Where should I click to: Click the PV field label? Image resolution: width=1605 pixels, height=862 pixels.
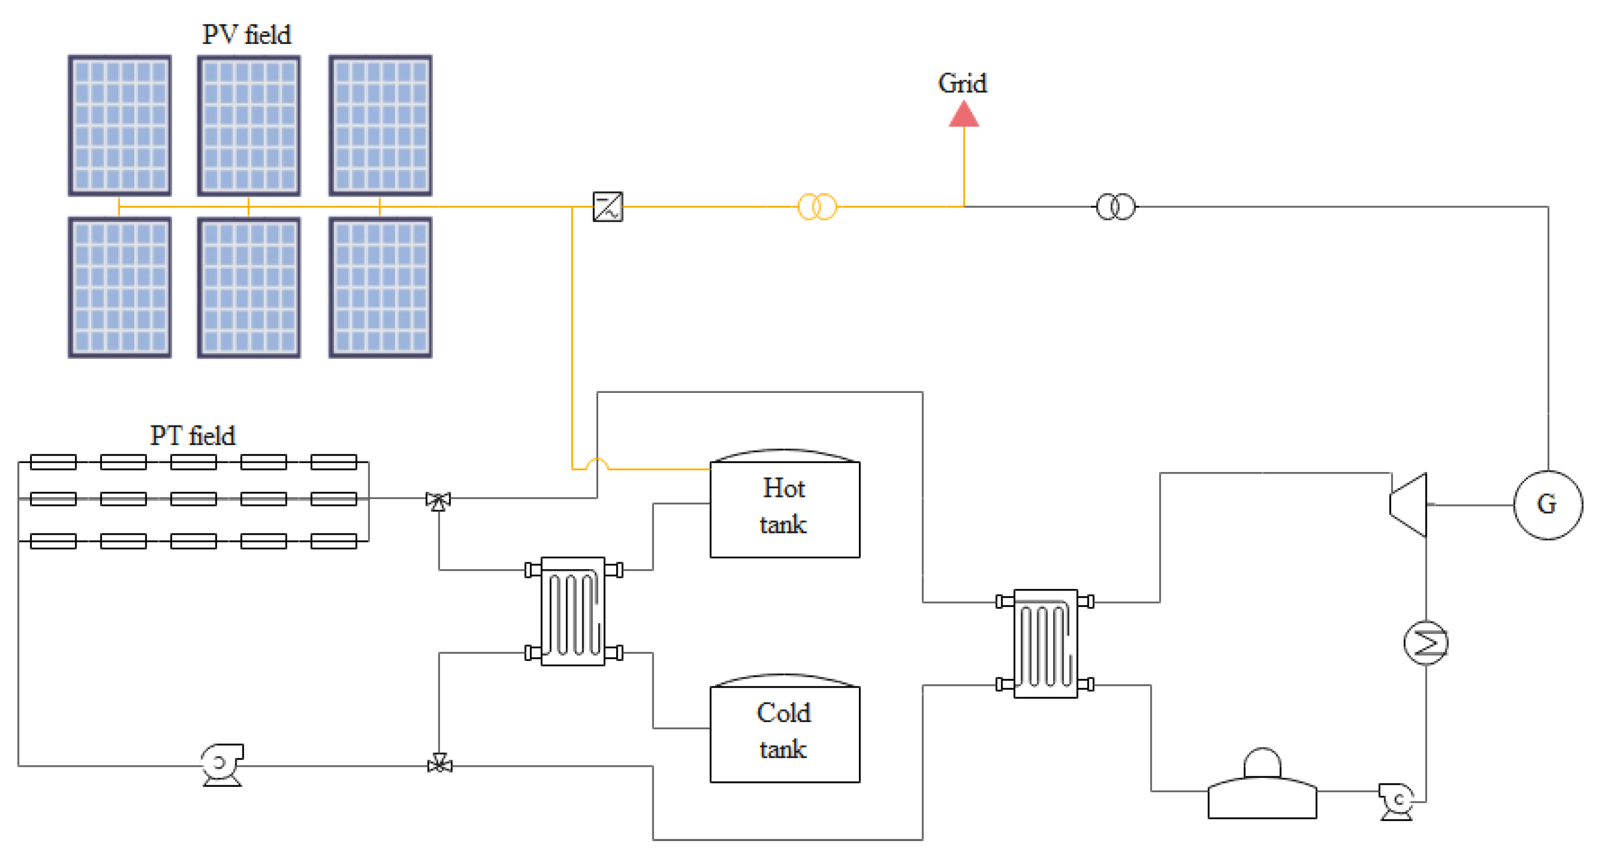point(246,34)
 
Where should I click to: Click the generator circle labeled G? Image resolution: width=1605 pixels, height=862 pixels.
point(1547,505)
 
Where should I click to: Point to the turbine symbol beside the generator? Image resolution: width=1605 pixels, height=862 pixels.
point(1409,505)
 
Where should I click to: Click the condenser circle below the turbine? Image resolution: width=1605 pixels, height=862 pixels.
point(1425,642)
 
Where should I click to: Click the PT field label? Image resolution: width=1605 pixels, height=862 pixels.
point(193,436)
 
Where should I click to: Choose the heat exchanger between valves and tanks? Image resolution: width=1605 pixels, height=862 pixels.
point(573,612)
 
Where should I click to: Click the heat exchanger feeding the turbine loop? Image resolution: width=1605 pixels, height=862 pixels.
point(1046,643)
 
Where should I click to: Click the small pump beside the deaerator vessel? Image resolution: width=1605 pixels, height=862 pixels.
point(1397,800)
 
